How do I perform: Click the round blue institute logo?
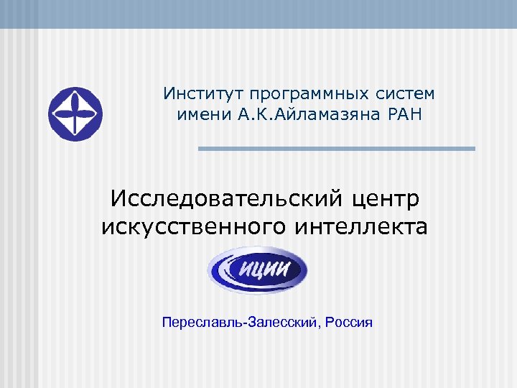75,114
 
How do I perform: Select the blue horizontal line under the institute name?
337,149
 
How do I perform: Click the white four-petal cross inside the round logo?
75,114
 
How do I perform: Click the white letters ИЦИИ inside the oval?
264,270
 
